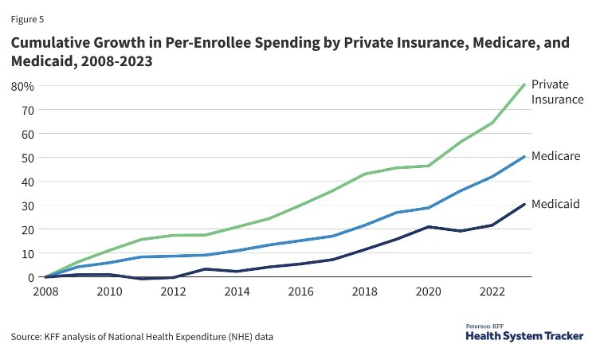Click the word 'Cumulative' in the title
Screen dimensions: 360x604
(x=55, y=42)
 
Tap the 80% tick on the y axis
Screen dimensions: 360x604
(x=22, y=86)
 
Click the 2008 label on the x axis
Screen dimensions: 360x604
(x=45, y=292)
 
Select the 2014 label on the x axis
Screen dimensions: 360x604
(x=237, y=292)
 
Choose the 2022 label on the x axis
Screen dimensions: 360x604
(x=495, y=292)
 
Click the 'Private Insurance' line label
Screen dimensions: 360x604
(x=557, y=92)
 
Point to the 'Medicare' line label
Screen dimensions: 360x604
(x=555, y=156)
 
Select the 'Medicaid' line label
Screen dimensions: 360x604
(x=555, y=204)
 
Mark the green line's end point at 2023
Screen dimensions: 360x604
(x=524, y=84)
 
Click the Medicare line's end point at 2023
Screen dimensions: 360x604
(x=524, y=156)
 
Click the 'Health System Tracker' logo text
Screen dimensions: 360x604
(x=524, y=336)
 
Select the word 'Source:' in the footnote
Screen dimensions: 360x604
(x=28, y=338)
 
